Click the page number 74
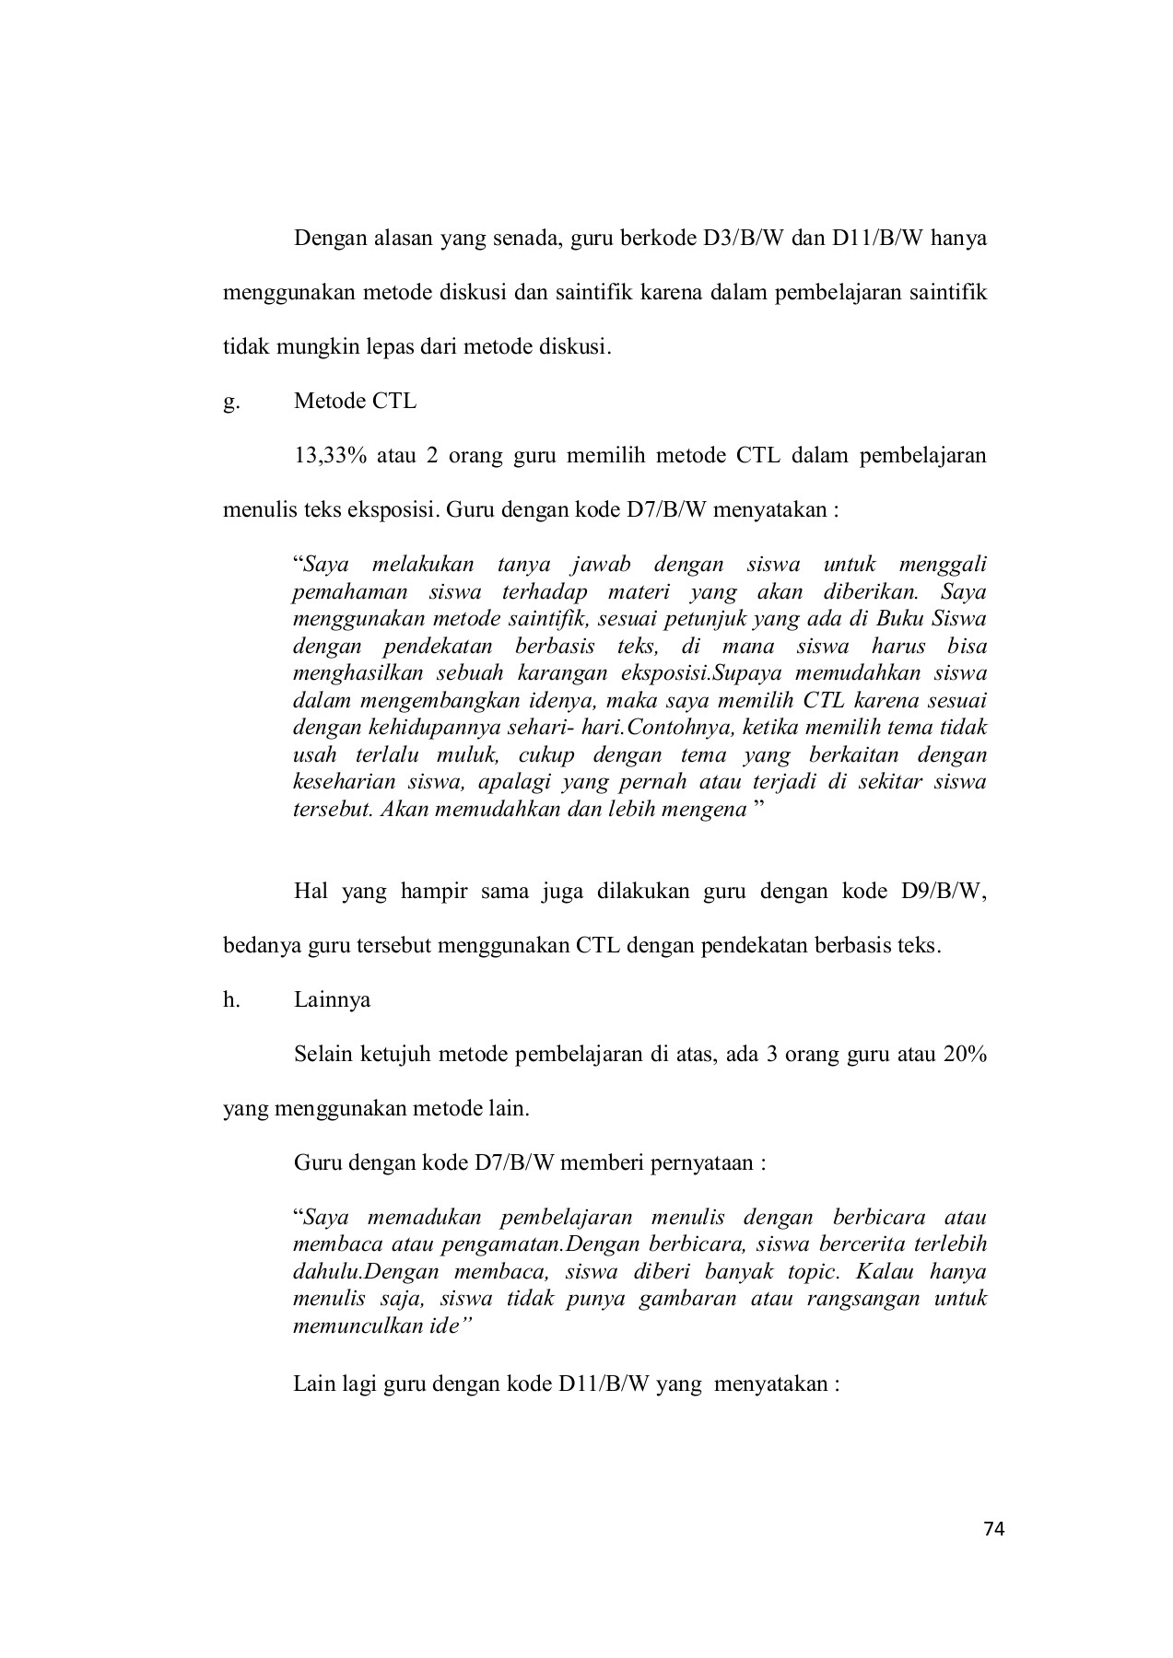click(993, 1530)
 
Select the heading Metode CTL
click(355, 402)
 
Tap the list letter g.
click(230, 402)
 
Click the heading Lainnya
click(332, 999)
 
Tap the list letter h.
click(230, 999)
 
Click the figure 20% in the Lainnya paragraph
click(965, 1054)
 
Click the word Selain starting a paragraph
click(323, 1054)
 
